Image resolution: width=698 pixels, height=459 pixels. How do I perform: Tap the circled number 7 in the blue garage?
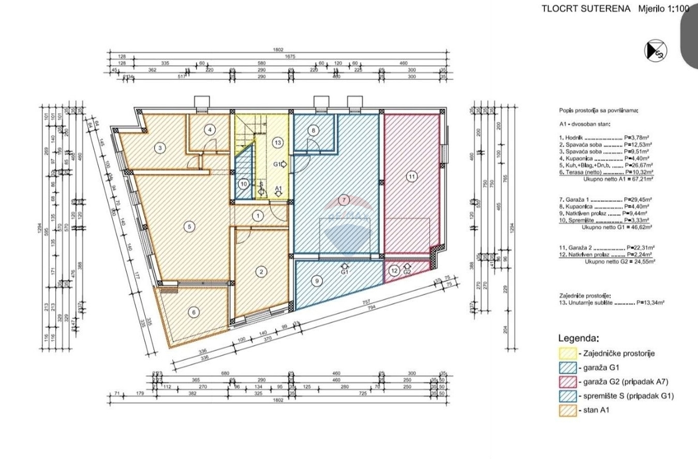(x=344, y=200)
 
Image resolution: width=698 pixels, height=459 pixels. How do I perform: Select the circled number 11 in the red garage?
(x=412, y=176)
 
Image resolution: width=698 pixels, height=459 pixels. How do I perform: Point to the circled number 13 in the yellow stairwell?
(x=278, y=142)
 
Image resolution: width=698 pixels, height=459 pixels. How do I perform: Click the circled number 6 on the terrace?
(x=194, y=312)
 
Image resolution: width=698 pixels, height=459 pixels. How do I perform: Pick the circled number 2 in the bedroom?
(x=262, y=271)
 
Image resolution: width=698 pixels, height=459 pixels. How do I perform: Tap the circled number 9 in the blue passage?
(x=317, y=281)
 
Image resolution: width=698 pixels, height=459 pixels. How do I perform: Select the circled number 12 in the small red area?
(x=394, y=270)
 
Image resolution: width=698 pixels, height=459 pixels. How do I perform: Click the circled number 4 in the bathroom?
(x=211, y=130)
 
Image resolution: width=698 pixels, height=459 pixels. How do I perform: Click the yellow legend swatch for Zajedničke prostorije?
(x=567, y=354)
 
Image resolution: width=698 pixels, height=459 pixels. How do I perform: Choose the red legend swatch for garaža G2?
(x=567, y=382)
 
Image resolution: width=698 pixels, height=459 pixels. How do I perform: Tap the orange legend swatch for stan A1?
(x=567, y=411)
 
